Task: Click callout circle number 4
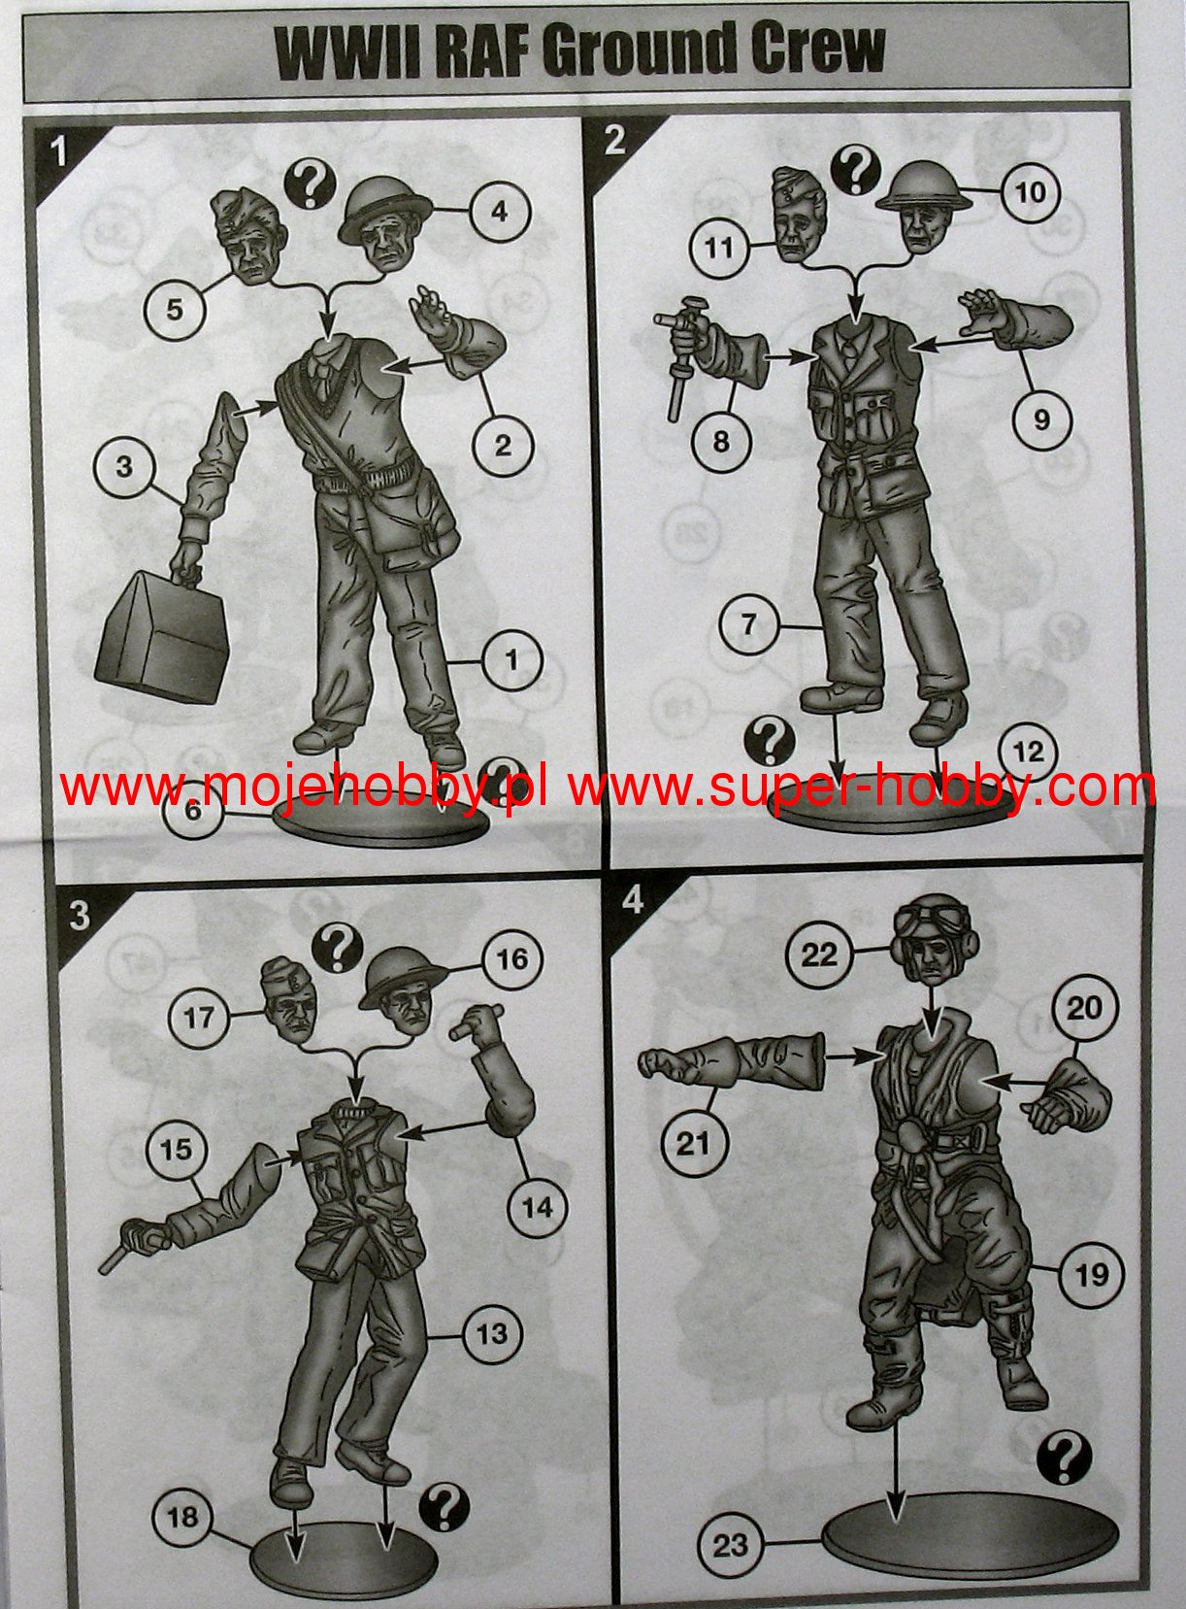click(x=499, y=211)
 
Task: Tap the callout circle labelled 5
click(x=175, y=310)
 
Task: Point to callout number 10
click(x=1030, y=192)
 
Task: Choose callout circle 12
click(x=1029, y=752)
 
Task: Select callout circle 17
click(x=199, y=1018)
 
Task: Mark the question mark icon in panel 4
click(x=1064, y=1458)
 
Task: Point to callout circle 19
click(x=1092, y=1273)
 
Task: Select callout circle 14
click(x=538, y=1206)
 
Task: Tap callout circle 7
click(x=749, y=623)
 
